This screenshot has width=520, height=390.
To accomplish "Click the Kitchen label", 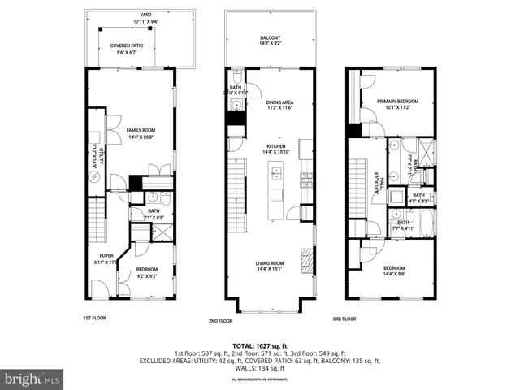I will [277, 147].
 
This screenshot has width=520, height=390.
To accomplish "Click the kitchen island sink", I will [276, 172].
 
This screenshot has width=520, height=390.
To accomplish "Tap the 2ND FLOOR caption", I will [220, 321].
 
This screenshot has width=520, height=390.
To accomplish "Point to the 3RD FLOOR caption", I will [344, 318].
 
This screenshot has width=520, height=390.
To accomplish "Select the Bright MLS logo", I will [32, 379].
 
